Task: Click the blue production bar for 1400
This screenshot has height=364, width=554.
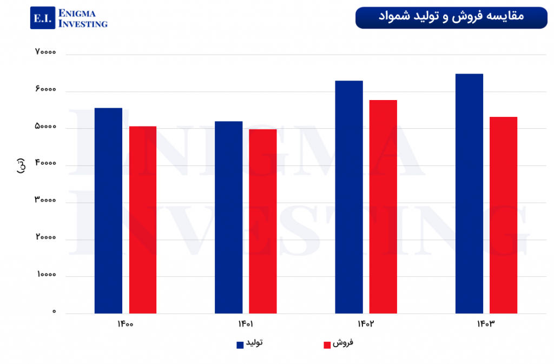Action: [x=108, y=211]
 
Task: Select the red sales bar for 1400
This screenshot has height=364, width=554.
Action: [x=143, y=220]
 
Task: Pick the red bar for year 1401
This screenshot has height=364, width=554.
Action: [x=263, y=221]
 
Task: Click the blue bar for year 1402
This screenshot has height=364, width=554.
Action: [x=349, y=197]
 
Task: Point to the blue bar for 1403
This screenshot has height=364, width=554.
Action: [x=469, y=194]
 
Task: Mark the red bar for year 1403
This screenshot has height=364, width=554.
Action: [x=504, y=215]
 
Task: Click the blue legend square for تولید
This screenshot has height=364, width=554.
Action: [x=240, y=345]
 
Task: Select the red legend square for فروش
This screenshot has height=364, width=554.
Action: [x=327, y=345]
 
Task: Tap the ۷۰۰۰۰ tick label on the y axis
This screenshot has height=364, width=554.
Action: [x=45, y=52]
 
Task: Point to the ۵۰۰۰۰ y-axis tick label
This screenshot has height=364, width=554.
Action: [x=45, y=127]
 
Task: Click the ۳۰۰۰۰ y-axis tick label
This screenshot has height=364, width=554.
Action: [x=45, y=201]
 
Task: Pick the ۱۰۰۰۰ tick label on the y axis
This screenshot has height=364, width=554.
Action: [x=47, y=274]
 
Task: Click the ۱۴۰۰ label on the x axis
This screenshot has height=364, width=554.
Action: [x=125, y=325]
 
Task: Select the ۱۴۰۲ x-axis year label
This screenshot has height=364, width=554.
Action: [x=366, y=325]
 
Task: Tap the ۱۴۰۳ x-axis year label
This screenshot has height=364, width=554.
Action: [x=486, y=325]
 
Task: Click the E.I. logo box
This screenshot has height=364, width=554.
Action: [x=42, y=18]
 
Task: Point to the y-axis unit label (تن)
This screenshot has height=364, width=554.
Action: [x=21, y=166]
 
